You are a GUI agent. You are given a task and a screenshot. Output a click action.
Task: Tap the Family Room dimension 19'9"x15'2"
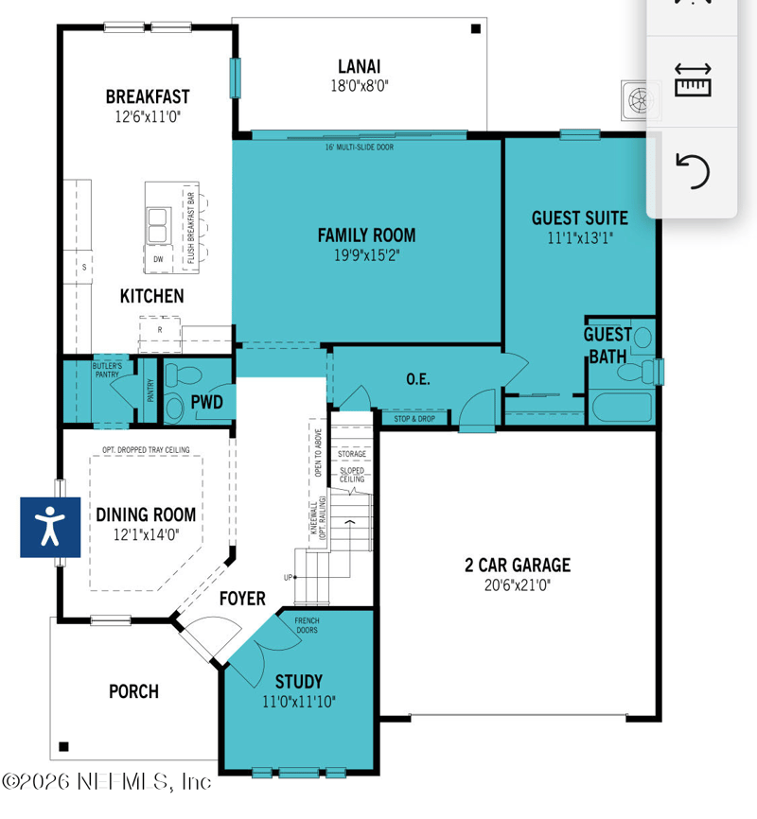(x=366, y=255)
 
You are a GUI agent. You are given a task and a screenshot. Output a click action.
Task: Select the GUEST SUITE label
(x=579, y=218)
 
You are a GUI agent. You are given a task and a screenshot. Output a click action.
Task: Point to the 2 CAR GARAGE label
(x=517, y=566)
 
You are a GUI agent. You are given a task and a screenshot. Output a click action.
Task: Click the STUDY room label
(x=298, y=682)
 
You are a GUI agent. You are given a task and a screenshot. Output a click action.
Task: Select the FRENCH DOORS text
(x=307, y=626)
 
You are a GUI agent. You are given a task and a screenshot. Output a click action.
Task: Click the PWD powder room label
(x=207, y=403)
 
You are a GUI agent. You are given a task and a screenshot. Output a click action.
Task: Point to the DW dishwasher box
(x=157, y=258)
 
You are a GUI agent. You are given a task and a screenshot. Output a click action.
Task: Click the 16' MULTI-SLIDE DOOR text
(x=360, y=148)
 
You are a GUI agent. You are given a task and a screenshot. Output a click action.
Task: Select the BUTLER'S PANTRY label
(x=106, y=370)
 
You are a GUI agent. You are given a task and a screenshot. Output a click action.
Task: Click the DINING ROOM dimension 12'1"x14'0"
(x=146, y=534)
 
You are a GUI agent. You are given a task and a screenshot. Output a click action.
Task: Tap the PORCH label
(x=133, y=691)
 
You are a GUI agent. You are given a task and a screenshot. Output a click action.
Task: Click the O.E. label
(x=418, y=379)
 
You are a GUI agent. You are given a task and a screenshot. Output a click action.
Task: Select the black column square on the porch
(x=63, y=747)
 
